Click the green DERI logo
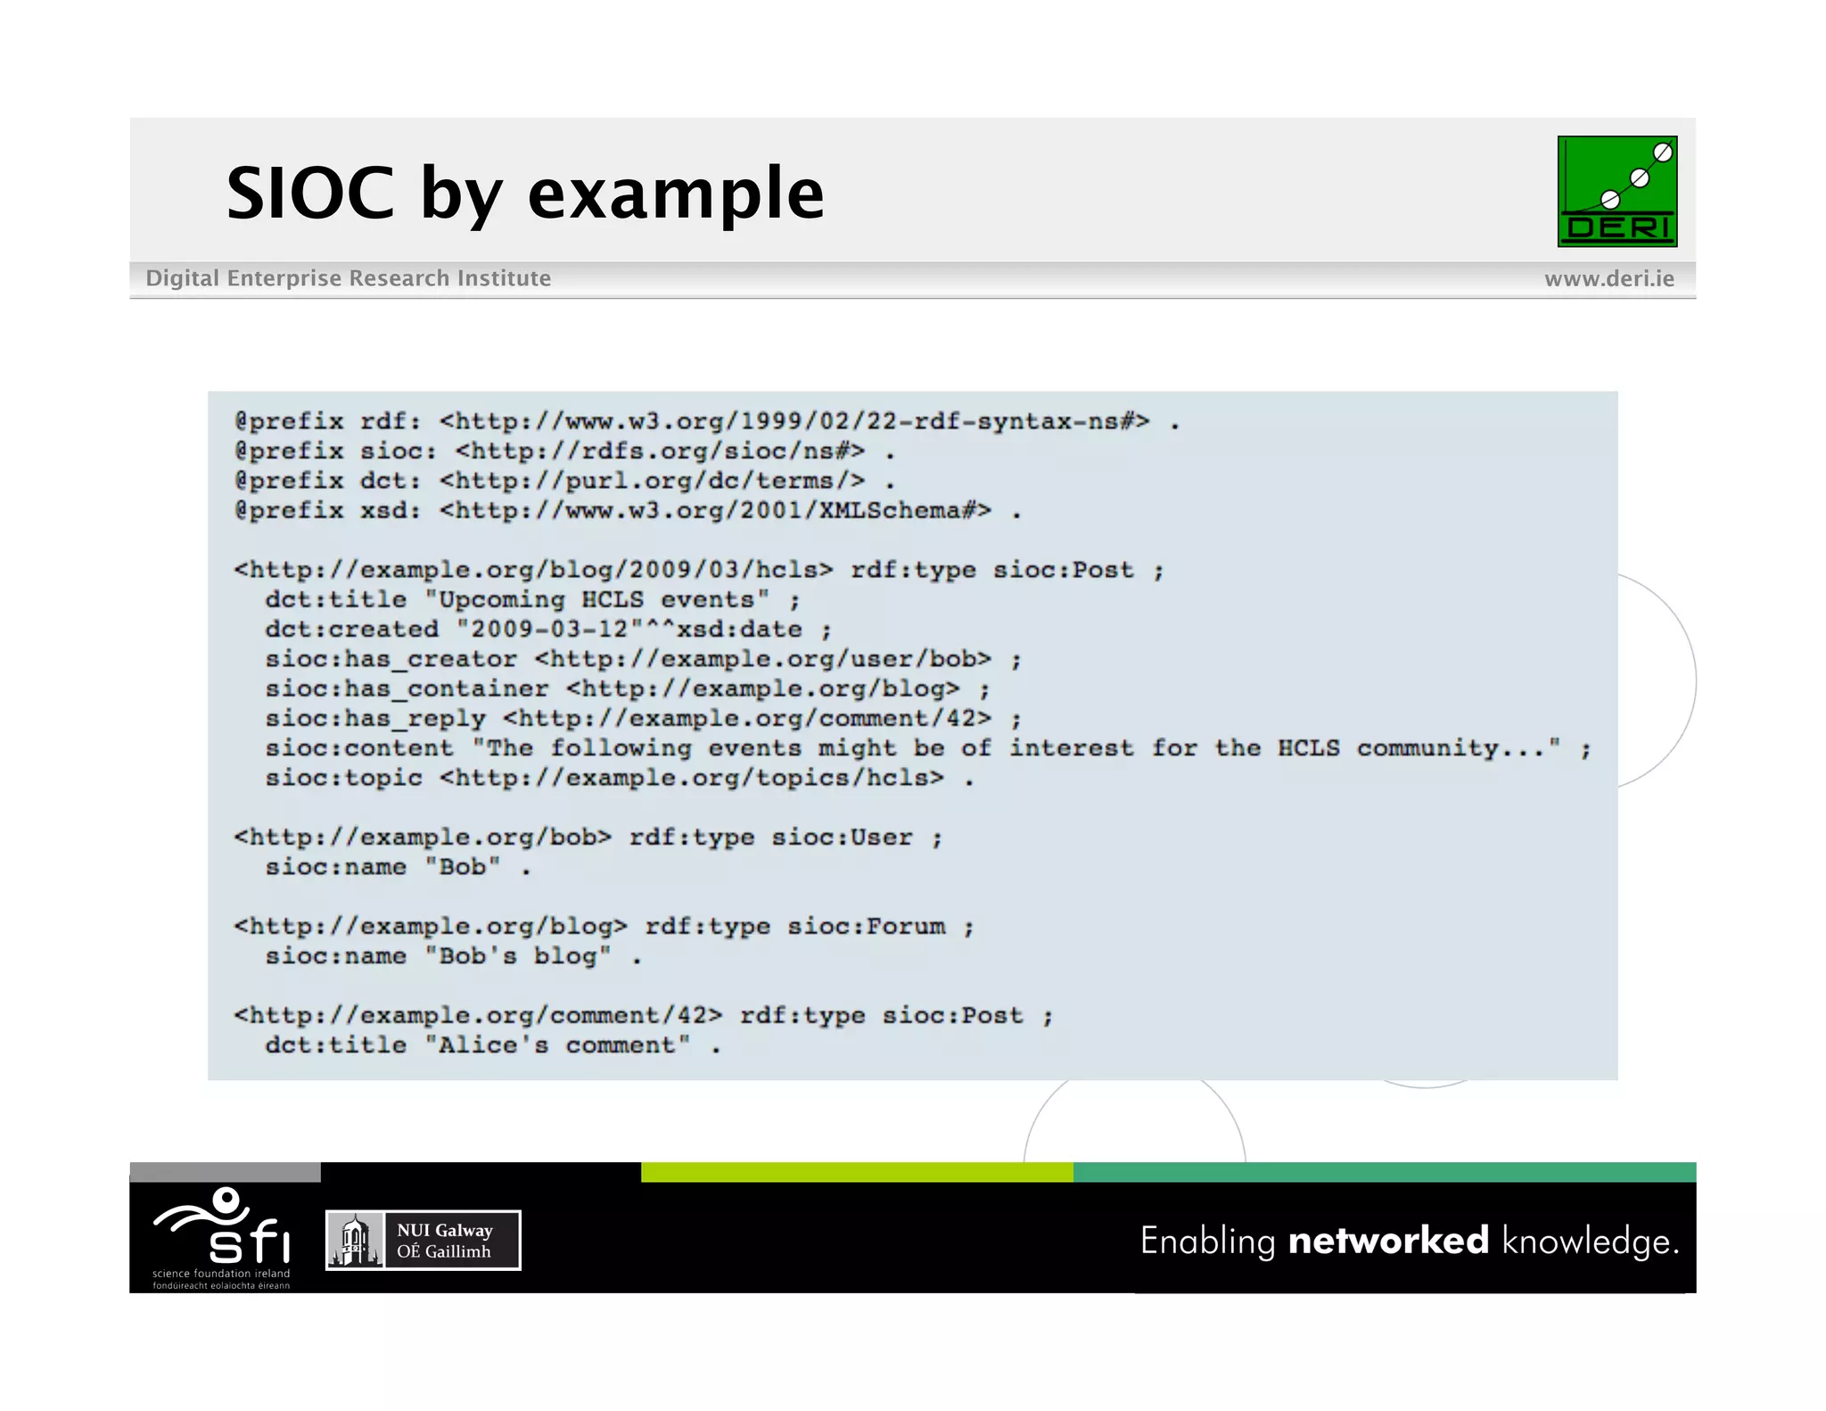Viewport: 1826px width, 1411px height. click(1616, 191)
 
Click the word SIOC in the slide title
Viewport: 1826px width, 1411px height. click(309, 194)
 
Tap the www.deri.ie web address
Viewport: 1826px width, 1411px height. click(1608, 278)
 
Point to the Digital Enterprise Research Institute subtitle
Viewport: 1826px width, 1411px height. click(348, 278)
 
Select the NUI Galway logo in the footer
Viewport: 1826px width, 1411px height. click(423, 1240)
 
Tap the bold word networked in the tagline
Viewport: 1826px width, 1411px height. click(1387, 1241)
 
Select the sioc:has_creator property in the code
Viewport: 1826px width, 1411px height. click(391, 659)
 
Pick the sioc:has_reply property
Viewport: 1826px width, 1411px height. click(375, 719)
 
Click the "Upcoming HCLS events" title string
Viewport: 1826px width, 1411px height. click(596, 599)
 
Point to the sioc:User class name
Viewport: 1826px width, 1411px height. click(842, 838)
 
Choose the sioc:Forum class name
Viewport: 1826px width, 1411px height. click(866, 927)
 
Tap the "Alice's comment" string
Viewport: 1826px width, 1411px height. click(557, 1045)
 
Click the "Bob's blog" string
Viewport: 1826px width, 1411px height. click(518, 956)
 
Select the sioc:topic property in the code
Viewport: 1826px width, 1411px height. click(343, 778)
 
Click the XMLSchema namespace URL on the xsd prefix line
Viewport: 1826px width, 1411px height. click(715, 511)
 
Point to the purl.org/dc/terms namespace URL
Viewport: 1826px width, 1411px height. click(652, 481)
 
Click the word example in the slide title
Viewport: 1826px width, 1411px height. click(676, 194)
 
